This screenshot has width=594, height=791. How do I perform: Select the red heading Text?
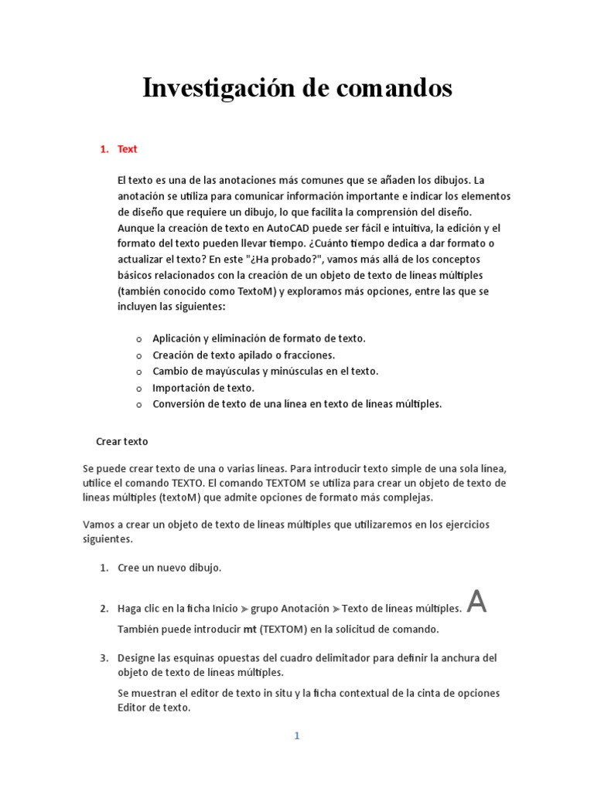127,149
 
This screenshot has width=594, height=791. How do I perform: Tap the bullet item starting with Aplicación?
258,338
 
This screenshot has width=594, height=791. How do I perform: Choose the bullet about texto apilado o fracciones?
243,355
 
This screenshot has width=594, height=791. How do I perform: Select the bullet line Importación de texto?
203,388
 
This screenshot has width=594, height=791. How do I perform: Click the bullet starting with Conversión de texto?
296,404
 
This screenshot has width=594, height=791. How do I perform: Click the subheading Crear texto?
121,442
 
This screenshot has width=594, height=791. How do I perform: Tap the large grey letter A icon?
478,602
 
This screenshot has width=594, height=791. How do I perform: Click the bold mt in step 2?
250,629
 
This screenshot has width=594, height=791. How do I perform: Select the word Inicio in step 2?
225,608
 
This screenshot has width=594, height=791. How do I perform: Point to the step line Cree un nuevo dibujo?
169,568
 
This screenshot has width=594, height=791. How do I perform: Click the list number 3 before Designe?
104,658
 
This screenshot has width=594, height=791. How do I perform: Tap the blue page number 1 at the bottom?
296,736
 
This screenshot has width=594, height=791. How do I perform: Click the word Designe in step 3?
138,658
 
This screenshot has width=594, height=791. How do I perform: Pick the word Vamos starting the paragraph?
97,525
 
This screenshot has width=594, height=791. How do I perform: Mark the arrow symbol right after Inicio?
244,609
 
